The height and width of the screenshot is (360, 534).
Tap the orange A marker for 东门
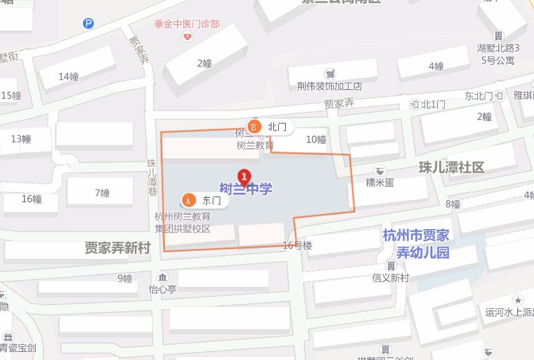coord(187,200)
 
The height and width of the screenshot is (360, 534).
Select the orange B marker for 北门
coord(254,127)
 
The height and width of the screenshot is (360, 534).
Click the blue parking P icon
coord(89,24)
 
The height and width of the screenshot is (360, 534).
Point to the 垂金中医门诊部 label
coord(187,24)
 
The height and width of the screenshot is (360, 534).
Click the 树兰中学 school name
coord(246,188)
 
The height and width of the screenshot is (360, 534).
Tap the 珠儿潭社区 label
coord(451,167)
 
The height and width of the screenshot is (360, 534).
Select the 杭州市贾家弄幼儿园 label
coord(415,244)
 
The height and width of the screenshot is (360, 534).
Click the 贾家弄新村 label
coord(118,248)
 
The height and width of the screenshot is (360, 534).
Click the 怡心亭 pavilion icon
coord(162,277)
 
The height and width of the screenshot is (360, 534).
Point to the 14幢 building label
coord(69,77)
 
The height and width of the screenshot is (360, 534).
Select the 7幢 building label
coord(102,193)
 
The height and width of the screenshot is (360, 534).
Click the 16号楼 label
coord(297,246)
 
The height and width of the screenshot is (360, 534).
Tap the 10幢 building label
coord(316,140)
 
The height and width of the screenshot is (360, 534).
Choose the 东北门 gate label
coord(478,96)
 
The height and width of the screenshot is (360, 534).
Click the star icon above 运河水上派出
coord(518,300)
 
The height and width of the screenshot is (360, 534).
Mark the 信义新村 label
coord(390,278)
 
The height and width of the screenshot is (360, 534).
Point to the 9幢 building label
coord(125,278)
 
